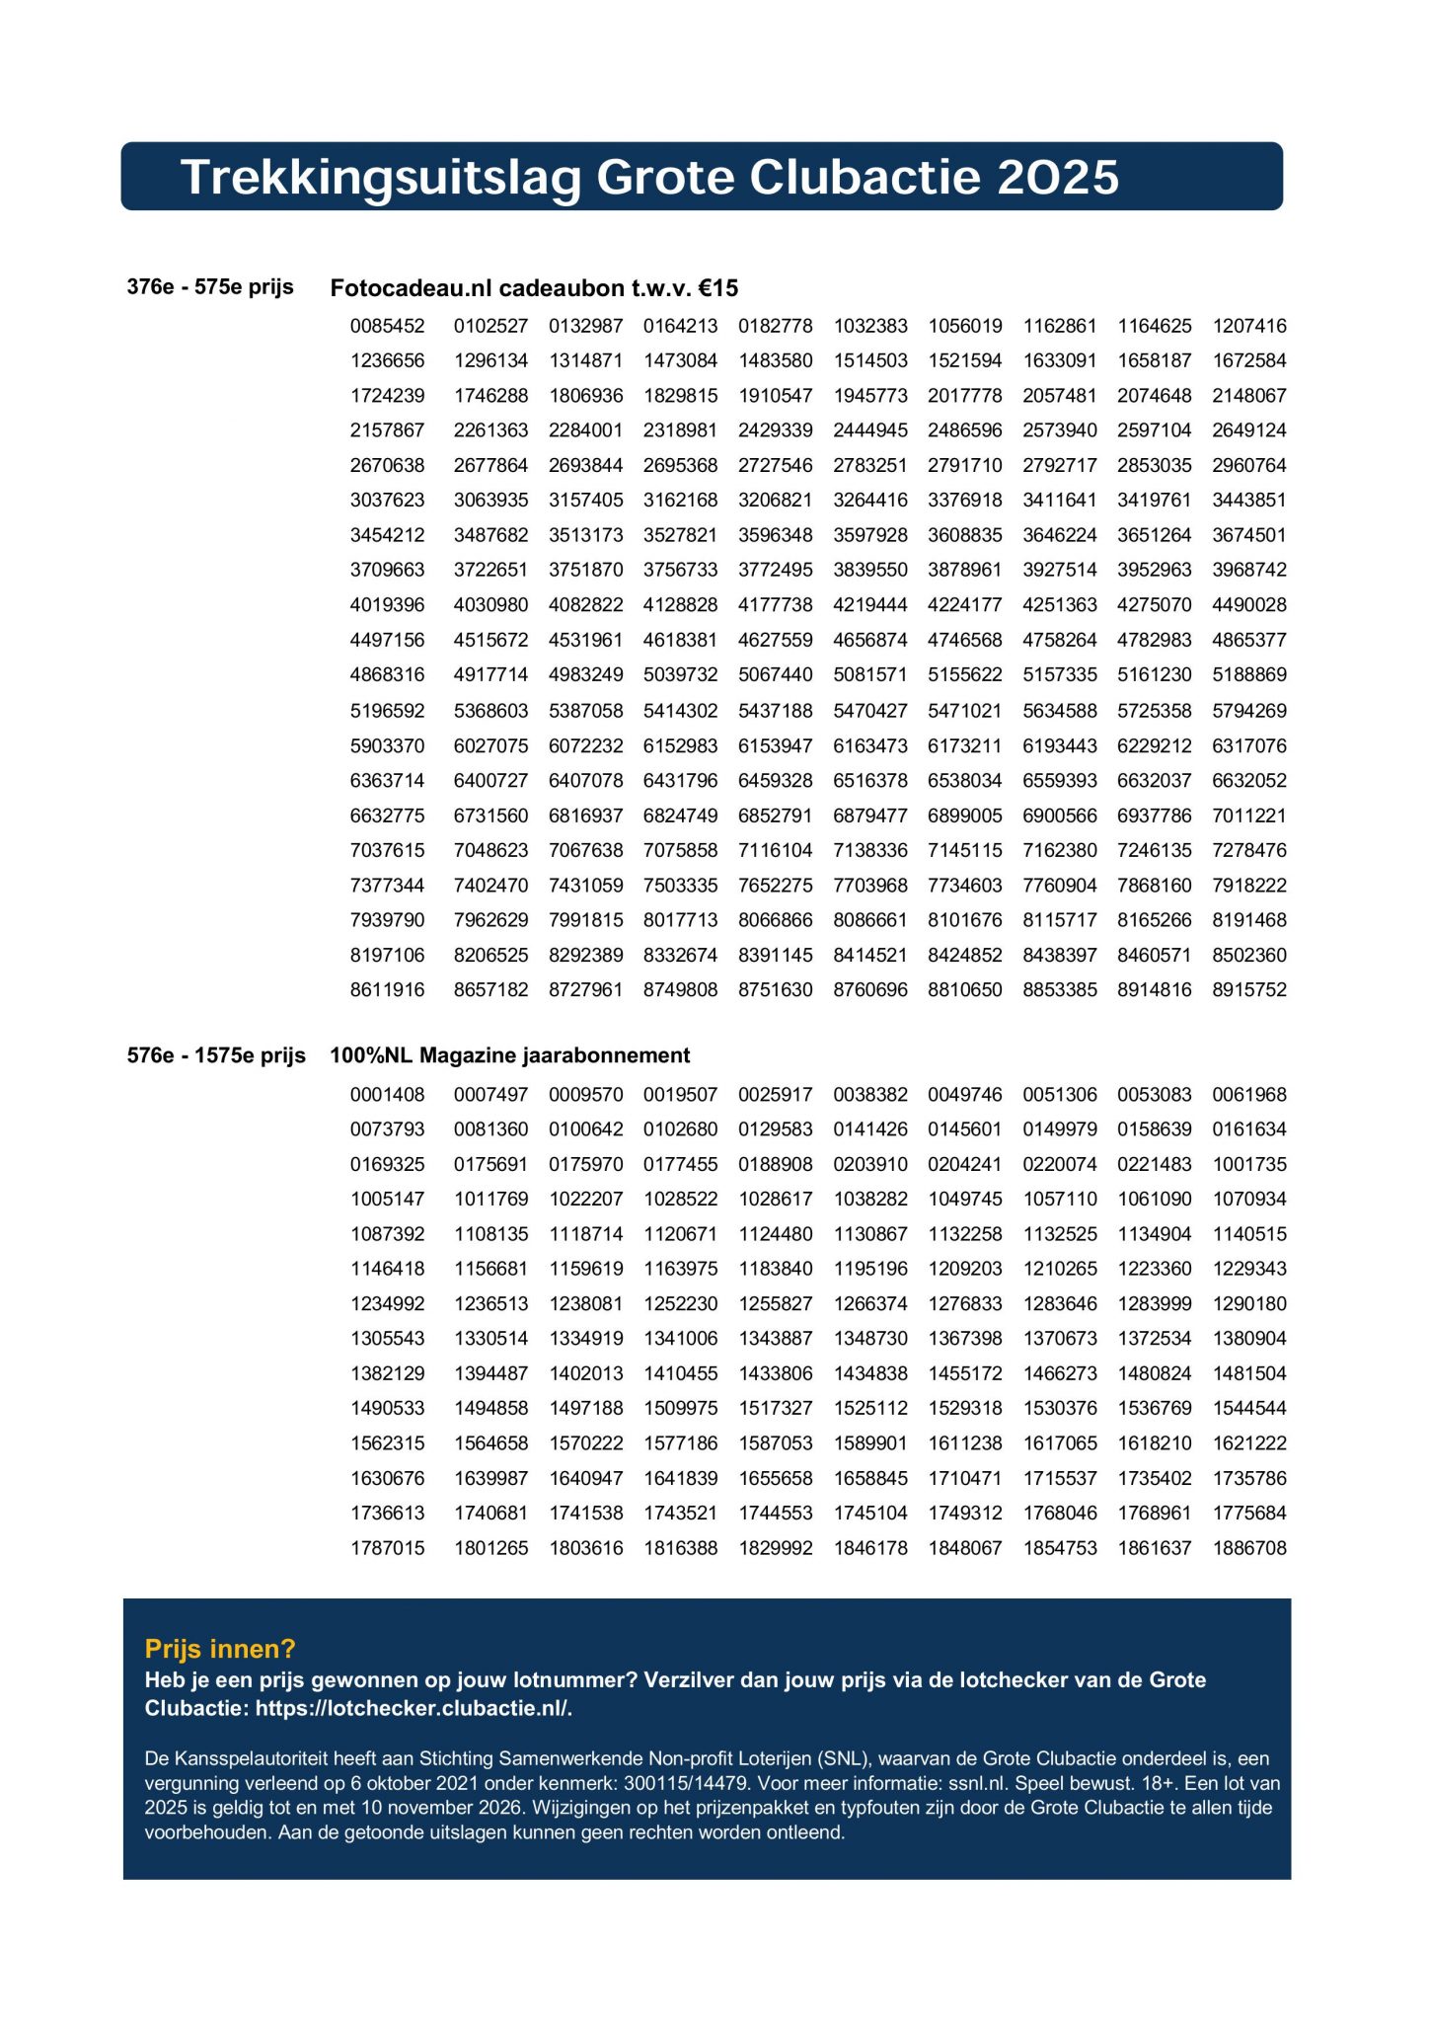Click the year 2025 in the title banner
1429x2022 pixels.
(1058, 178)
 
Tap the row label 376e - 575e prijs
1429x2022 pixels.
(210, 287)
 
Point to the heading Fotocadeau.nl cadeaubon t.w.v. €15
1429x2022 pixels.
(534, 288)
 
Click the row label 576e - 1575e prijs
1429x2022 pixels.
(216, 1055)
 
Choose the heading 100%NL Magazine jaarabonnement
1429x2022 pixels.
(509, 1055)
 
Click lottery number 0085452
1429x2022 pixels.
(387, 326)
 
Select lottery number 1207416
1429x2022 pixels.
(1249, 326)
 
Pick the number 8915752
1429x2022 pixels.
(1249, 989)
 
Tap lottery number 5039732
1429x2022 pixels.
(680, 675)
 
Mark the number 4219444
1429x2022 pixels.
(870, 605)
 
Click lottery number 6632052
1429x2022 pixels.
(1249, 781)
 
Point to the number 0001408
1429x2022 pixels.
(387, 1095)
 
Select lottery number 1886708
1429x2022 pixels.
(1249, 1548)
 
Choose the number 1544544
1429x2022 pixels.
(1249, 1409)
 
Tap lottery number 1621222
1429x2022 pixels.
(1249, 1443)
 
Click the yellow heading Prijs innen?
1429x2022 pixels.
(220, 1649)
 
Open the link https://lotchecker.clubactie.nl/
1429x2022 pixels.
(414, 1709)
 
